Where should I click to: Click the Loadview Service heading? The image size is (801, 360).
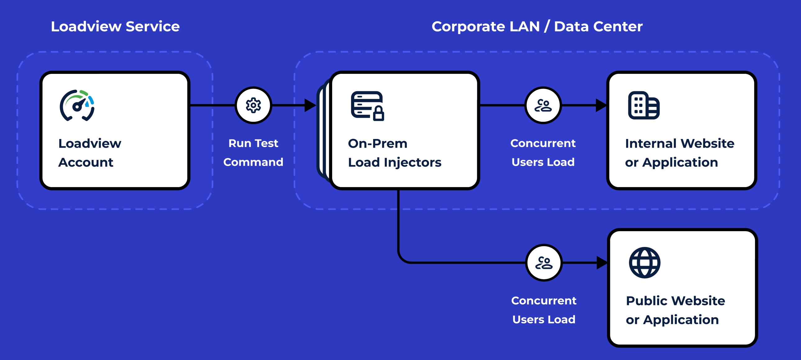pyautogui.click(x=115, y=26)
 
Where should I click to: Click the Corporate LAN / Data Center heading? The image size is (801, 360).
pyautogui.click(x=537, y=26)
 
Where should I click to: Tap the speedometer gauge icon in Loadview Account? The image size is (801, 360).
pyautogui.click(x=77, y=106)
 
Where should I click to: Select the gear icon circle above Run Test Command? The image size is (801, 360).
pyautogui.click(x=253, y=106)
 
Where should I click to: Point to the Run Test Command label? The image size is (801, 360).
pyautogui.click(x=253, y=153)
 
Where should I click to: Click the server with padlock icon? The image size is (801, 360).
pyautogui.click(x=368, y=106)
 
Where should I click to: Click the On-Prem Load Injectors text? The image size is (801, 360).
pyautogui.click(x=395, y=153)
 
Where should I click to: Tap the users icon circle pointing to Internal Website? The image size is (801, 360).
pyautogui.click(x=543, y=106)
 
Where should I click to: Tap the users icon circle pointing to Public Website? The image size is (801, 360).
pyautogui.click(x=544, y=263)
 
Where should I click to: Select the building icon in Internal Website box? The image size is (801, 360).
pyautogui.click(x=644, y=106)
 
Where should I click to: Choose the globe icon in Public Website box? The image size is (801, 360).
pyautogui.click(x=645, y=263)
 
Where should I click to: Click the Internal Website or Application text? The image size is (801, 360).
pyautogui.click(x=680, y=153)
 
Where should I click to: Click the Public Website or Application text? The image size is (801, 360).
pyautogui.click(x=675, y=310)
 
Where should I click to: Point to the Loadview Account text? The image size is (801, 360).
pyautogui.click(x=90, y=153)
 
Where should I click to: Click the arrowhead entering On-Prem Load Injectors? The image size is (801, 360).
pyautogui.click(x=310, y=106)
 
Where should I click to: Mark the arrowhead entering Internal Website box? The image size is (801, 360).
pyautogui.click(x=601, y=106)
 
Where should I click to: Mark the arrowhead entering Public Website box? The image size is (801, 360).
pyautogui.click(x=602, y=263)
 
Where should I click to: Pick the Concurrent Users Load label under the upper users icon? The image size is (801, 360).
pyautogui.click(x=543, y=153)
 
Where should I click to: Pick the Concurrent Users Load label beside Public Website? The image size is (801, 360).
pyautogui.click(x=544, y=310)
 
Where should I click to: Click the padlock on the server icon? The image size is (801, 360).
pyautogui.click(x=378, y=113)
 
